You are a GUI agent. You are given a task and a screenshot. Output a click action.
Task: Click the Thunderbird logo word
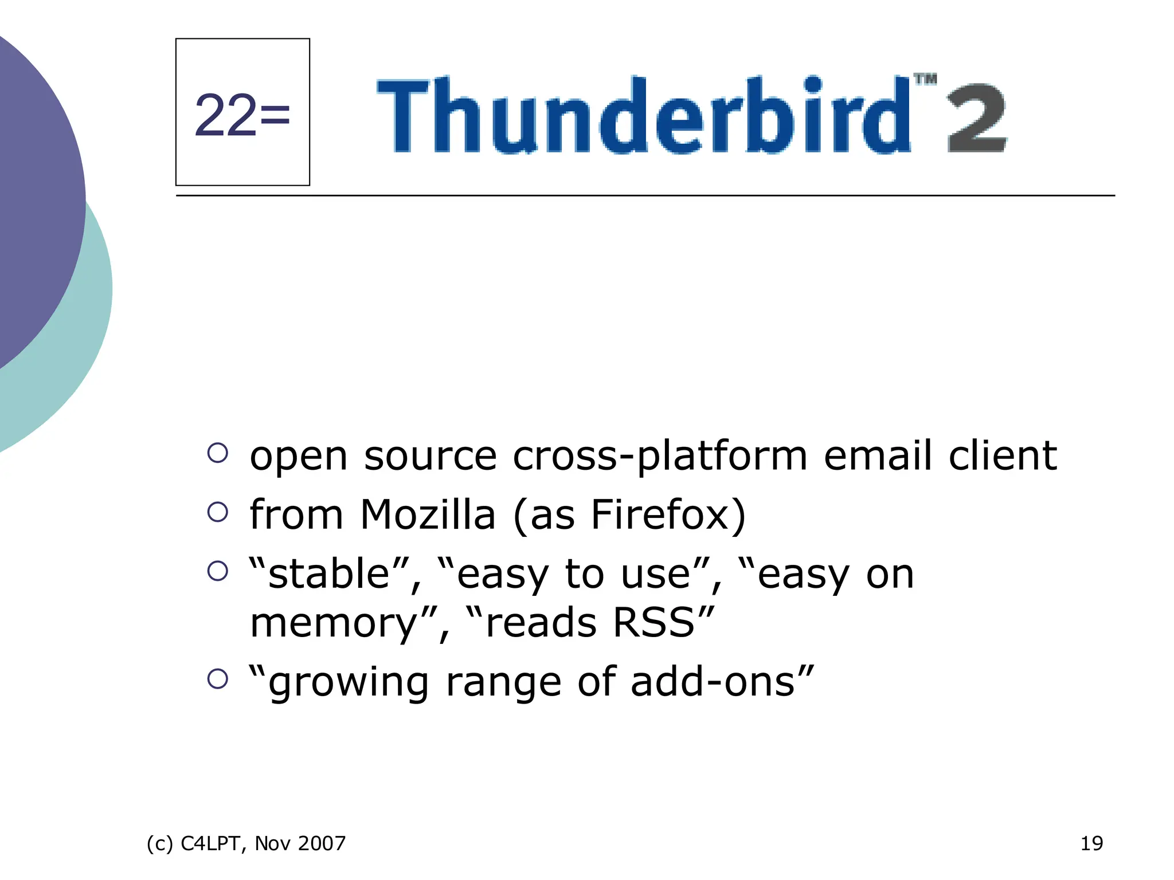coord(642,115)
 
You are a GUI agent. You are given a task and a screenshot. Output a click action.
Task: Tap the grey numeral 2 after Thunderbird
coord(976,118)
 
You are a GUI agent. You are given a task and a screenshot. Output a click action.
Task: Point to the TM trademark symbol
coord(925,80)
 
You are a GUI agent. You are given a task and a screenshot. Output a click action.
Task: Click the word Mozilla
coord(428,514)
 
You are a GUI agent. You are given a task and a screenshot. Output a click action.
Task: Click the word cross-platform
coord(660,457)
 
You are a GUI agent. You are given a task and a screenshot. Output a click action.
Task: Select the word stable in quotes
coord(329,573)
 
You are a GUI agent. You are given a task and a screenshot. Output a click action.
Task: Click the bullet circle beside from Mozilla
coord(218,512)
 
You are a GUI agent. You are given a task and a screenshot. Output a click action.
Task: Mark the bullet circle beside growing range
coord(218,678)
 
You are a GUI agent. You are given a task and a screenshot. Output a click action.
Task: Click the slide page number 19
coord(1091,843)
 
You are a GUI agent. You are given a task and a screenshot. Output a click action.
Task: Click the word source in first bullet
coord(430,457)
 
